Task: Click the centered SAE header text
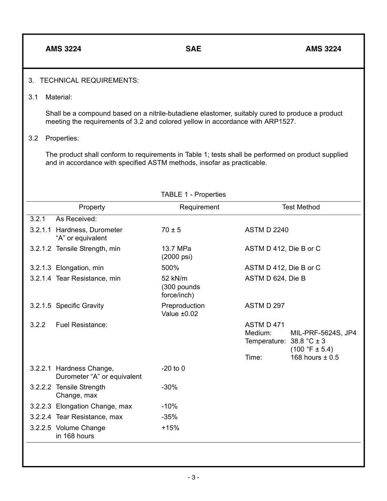[x=193, y=49]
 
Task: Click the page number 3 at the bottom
[x=193, y=477]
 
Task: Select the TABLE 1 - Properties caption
[x=193, y=194]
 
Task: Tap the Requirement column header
[x=199, y=207]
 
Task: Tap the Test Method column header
[x=301, y=207]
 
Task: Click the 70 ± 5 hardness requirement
[x=171, y=230]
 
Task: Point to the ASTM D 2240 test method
[x=266, y=230]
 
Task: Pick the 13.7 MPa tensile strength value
[x=176, y=249]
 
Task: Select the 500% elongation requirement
[x=170, y=268]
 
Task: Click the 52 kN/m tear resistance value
[x=174, y=279]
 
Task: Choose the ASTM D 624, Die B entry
[x=275, y=279]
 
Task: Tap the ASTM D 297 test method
[x=264, y=305]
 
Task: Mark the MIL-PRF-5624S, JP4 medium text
[x=323, y=333]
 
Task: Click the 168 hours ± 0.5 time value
[x=314, y=357]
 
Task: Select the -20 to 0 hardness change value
[x=173, y=368]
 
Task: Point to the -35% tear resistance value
[x=169, y=417]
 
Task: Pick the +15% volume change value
[x=170, y=428]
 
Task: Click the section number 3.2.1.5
[x=41, y=305]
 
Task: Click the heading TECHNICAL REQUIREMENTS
[x=89, y=80]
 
